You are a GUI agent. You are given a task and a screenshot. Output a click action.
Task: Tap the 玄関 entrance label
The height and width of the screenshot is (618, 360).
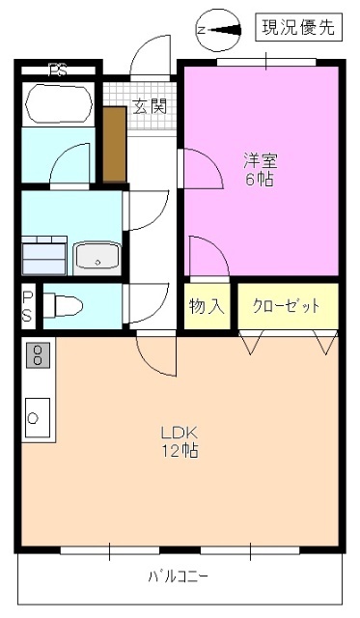149,106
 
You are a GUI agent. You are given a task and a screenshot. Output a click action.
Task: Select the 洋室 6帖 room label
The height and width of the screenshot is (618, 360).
258,170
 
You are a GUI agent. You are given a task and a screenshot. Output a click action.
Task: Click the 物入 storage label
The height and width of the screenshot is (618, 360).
207,307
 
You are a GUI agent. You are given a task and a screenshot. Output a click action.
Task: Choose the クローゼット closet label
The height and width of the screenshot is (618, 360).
286,307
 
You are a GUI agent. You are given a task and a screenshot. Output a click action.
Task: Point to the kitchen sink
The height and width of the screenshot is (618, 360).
37,417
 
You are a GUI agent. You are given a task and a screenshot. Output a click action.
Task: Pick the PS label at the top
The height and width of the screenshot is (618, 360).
58,69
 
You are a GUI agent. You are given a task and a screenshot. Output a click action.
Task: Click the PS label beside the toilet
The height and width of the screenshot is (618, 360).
28,306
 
